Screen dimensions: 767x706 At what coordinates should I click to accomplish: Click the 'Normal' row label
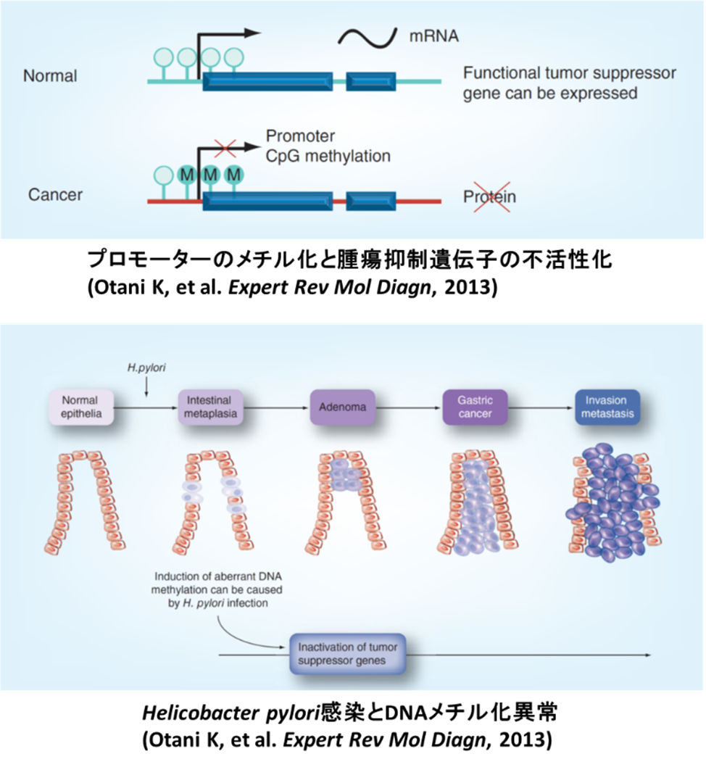click(50, 75)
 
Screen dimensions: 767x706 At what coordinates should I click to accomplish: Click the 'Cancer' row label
click(55, 195)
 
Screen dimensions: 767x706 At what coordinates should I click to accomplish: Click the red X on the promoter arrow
click(225, 148)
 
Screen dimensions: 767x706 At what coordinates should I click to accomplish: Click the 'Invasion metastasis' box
click(607, 407)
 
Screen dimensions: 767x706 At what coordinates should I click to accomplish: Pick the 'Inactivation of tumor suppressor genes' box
click(347, 653)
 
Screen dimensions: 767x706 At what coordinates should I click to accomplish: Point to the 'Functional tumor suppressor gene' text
click(570, 83)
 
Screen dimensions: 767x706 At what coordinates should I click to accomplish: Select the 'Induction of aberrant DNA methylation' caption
click(208, 589)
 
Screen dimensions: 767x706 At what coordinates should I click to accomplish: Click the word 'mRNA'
click(434, 36)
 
